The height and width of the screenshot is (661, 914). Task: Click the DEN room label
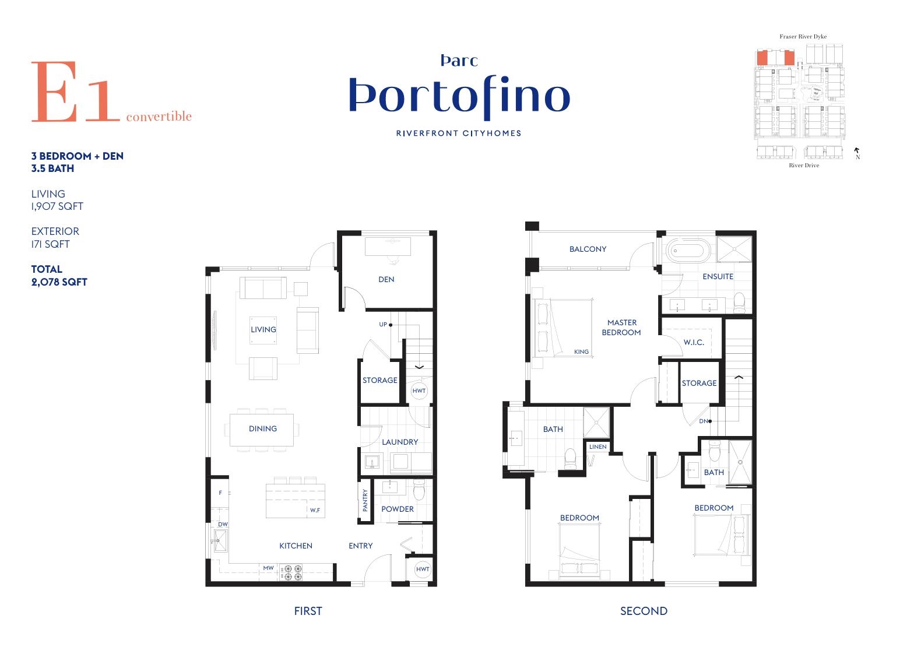386,280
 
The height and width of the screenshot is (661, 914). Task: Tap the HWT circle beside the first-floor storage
419,391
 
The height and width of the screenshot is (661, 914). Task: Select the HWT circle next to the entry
422,569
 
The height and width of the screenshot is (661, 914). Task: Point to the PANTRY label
365,500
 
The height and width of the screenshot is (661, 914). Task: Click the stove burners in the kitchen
293,572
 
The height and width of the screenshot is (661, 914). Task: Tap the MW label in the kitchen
268,568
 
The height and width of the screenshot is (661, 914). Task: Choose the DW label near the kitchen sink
223,525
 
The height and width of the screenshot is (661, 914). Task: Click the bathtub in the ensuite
688,249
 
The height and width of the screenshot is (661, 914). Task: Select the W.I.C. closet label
694,342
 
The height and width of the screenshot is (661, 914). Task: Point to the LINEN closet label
598,446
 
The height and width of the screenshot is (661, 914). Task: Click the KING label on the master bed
581,351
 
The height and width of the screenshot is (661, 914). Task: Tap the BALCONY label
588,249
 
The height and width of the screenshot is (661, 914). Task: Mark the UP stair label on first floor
383,324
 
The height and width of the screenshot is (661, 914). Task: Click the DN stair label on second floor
704,421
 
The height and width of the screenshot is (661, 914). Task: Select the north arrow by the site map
857,150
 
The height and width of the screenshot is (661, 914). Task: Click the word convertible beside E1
159,117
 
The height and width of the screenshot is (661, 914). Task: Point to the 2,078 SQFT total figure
59,282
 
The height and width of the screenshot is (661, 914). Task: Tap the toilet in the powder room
419,490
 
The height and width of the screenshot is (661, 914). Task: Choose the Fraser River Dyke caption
803,36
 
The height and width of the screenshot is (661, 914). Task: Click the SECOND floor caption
644,611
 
